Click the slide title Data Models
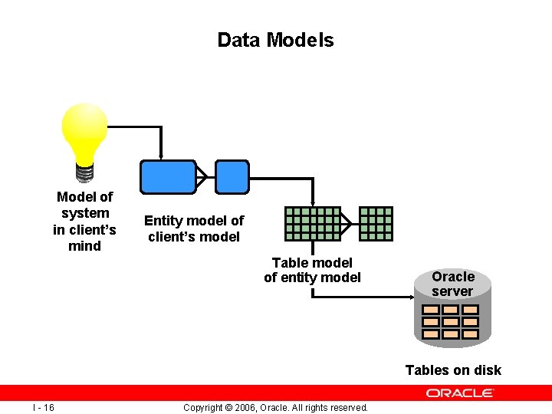(275, 40)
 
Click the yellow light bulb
(84, 130)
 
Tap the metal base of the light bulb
(84, 170)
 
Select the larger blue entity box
(167, 176)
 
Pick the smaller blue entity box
(232, 176)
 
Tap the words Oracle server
(453, 284)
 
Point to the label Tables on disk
(453, 370)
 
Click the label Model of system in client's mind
(84, 221)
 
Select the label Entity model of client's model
(194, 228)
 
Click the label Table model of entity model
(312, 270)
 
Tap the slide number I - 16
(43, 407)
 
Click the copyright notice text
(276, 407)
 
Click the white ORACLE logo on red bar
(460, 393)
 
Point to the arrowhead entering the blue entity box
(160, 156)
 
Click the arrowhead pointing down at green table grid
(312, 202)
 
